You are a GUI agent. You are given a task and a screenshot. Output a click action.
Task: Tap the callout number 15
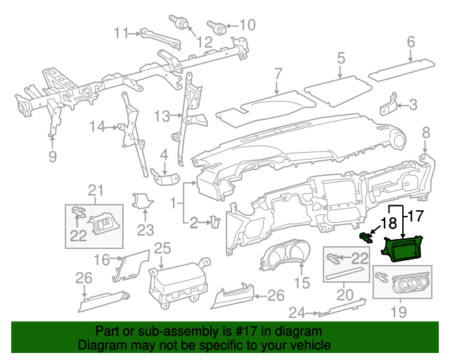click(x=301, y=283)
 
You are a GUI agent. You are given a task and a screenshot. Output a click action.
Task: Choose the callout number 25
click(x=162, y=247)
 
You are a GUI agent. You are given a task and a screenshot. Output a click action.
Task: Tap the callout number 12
click(x=204, y=43)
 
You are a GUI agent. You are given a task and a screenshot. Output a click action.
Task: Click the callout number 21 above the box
click(x=95, y=189)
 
